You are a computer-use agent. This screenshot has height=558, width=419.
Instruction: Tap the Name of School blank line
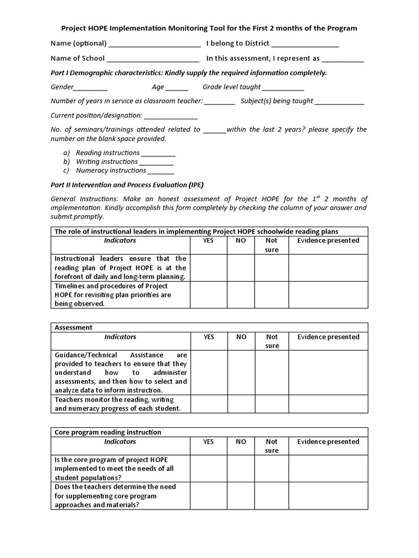(153, 59)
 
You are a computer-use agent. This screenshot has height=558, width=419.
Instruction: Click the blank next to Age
(177, 88)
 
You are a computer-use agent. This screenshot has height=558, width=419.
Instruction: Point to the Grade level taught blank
(283, 88)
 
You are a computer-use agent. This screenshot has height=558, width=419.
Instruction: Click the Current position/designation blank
(171, 116)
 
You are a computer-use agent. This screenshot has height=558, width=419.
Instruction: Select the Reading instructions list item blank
(158, 154)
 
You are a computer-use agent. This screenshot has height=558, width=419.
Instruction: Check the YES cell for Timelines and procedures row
(208, 295)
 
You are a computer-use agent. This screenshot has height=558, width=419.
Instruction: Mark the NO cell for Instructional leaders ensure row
(241, 268)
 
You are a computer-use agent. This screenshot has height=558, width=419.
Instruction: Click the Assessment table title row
(209, 327)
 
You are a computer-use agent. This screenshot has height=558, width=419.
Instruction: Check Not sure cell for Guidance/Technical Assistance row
(271, 373)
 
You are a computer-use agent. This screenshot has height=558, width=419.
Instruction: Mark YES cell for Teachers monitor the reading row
(208, 404)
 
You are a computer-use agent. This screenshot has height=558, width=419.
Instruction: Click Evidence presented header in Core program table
(328, 442)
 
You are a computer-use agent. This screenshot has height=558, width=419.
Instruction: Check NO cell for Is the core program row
(241, 469)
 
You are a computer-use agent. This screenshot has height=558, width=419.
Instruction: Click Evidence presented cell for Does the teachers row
(328, 496)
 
